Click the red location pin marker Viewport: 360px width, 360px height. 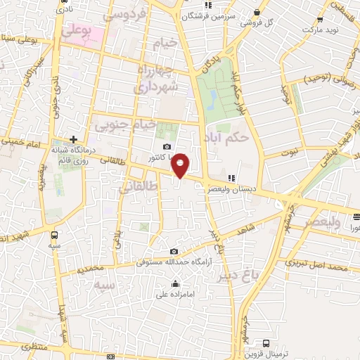(181, 165)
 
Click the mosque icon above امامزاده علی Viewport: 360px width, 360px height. (175, 284)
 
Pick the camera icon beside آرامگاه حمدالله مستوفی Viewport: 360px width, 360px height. (174, 252)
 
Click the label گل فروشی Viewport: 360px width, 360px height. (257, 22)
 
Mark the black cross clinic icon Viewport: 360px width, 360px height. (73, 139)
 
